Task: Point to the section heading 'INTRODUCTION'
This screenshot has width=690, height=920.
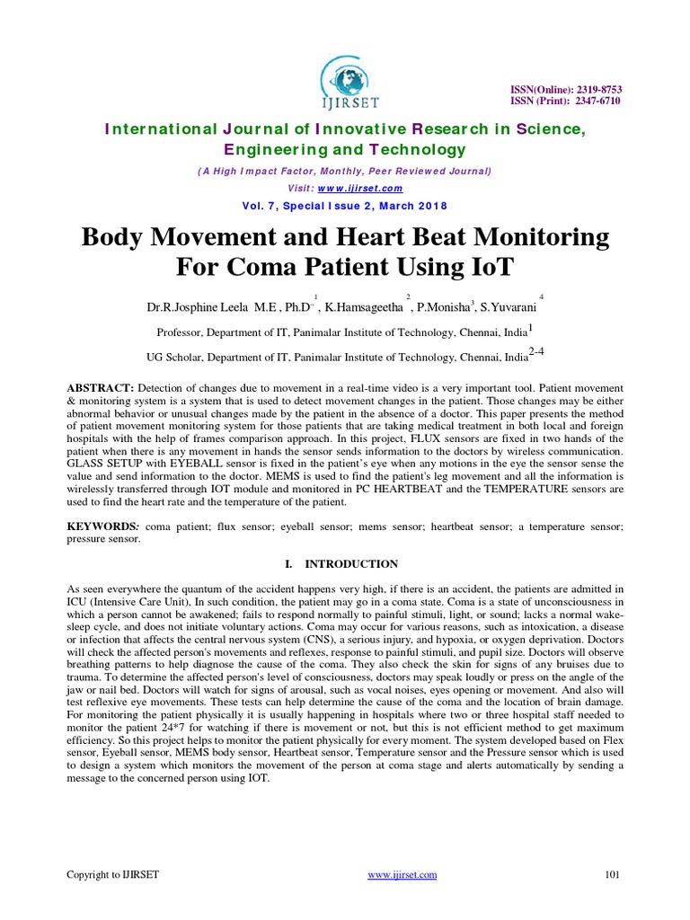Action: (x=351, y=564)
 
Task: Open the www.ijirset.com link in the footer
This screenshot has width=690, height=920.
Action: (x=403, y=874)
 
